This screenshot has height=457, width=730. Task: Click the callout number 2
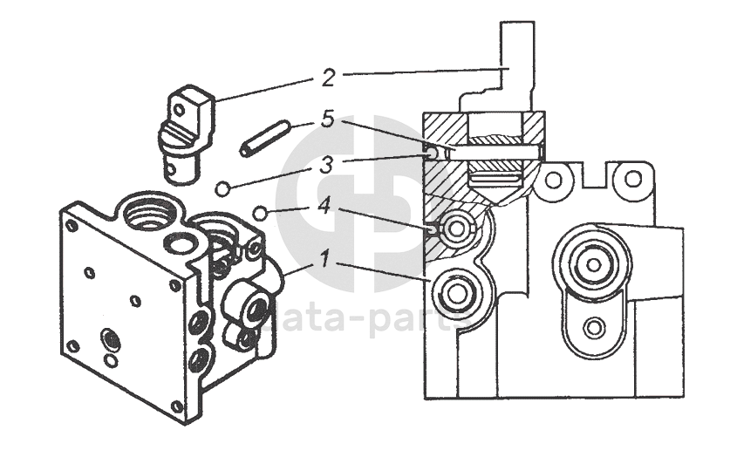click(328, 78)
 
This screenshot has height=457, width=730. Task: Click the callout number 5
click(327, 119)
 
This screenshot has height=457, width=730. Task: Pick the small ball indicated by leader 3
click(223, 188)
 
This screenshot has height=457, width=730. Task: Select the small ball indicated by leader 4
click(259, 211)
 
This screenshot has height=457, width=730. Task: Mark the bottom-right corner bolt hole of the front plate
click(177, 406)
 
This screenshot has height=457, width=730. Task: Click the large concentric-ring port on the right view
click(592, 263)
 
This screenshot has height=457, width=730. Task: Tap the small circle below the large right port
click(594, 328)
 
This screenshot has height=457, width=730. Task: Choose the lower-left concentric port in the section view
click(454, 294)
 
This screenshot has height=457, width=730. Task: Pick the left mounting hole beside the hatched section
click(552, 181)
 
